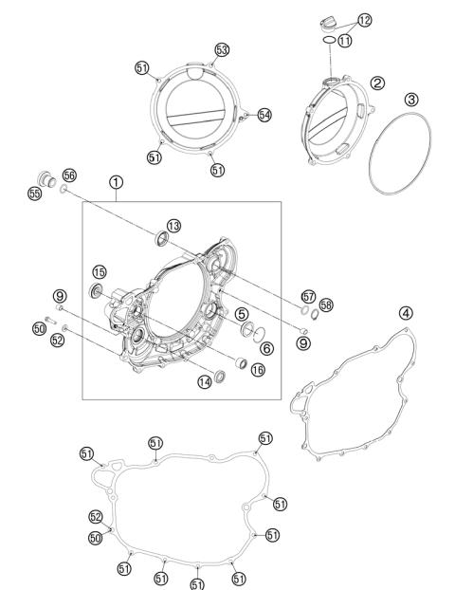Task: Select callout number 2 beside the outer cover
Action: [377, 83]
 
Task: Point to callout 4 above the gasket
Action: [406, 313]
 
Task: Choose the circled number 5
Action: [243, 314]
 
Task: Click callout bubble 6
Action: [267, 348]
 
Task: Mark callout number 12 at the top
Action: [365, 20]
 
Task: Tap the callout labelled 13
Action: [173, 226]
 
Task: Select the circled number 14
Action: [204, 382]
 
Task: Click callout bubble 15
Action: [99, 273]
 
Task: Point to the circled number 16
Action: [257, 371]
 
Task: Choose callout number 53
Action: [222, 49]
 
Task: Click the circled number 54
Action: [264, 115]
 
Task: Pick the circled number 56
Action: [69, 175]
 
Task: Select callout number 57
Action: [308, 297]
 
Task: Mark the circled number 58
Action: [327, 304]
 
